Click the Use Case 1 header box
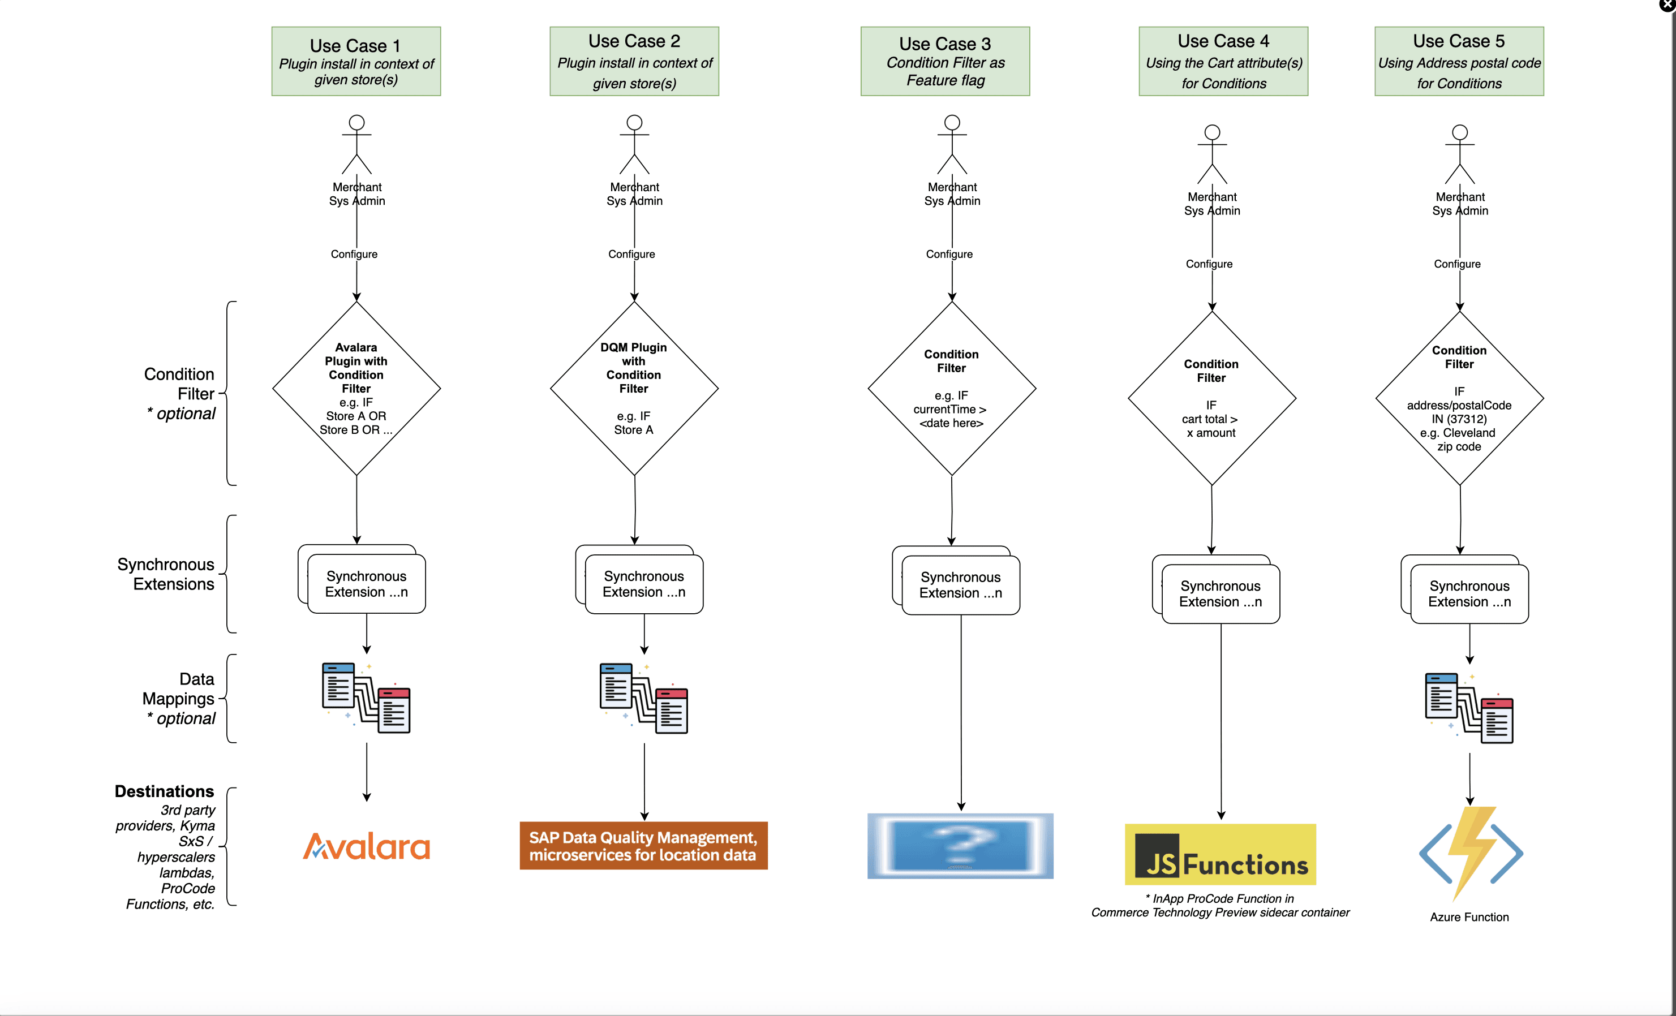coord(356,61)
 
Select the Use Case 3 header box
coord(945,61)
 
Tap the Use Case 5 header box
coord(1459,61)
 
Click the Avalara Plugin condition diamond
coord(356,388)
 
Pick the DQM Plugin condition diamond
coord(634,388)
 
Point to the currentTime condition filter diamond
coord(952,388)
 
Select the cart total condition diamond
coord(1211,398)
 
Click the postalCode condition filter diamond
coord(1460,398)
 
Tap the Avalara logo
coord(367,847)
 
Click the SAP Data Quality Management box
coord(643,845)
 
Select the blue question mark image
coord(960,845)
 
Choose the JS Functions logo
coord(1221,854)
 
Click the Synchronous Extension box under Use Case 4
coord(1221,593)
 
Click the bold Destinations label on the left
coord(164,791)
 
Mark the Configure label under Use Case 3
coord(949,253)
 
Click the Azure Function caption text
coord(1469,916)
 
